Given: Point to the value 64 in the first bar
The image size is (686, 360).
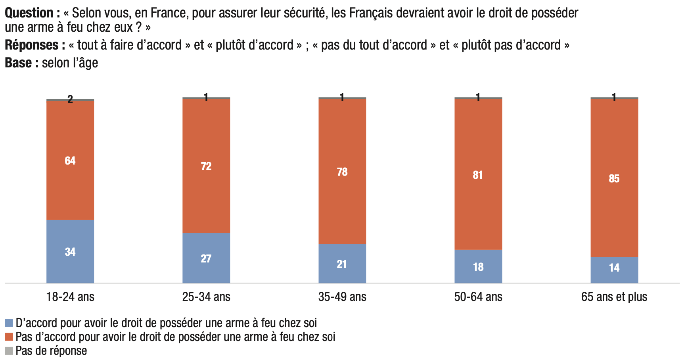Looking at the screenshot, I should click(70, 161).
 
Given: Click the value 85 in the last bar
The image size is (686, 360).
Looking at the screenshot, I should click(614, 178).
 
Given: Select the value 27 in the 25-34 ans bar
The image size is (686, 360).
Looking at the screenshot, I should click(206, 259).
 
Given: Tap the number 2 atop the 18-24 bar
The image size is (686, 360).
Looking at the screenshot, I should click(70, 99).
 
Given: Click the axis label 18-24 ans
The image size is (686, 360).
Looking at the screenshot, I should click(70, 297).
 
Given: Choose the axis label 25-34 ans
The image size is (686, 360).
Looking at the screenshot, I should click(206, 297).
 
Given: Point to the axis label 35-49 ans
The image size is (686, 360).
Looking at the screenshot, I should click(342, 297).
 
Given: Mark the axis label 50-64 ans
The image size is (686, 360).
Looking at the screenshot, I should click(478, 297).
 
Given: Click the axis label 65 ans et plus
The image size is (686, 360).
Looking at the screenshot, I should click(614, 297).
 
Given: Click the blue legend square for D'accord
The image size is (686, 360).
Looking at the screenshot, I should click(9, 323).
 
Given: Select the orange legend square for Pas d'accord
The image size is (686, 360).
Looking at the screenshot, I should click(9, 337).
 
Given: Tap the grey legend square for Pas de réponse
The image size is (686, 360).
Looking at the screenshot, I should click(9, 350).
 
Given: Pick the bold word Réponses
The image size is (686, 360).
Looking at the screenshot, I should click(32, 45).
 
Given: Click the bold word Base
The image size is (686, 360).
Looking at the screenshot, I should click(19, 63).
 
